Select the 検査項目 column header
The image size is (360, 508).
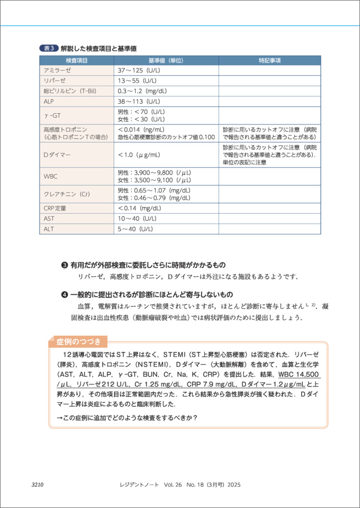[x=77, y=60]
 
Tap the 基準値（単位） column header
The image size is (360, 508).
[x=166, y=60]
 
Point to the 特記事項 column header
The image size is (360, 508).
[x=269, y=60]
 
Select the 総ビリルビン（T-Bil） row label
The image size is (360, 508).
[x=70, y=91]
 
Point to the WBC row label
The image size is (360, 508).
[x=51, y=176]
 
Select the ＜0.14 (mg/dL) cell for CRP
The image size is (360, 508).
[x=140, y=208]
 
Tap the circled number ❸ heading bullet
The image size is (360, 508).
[x=65, y=265]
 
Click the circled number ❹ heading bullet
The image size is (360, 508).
[x=65, y=295]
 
